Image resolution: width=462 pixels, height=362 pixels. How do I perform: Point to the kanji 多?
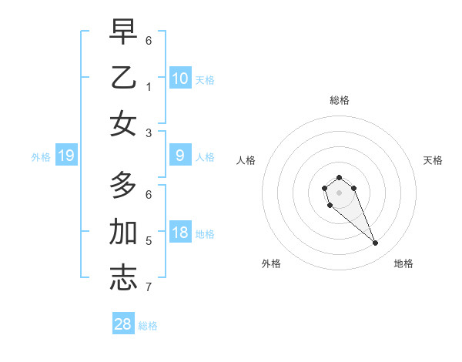tap(123, 186)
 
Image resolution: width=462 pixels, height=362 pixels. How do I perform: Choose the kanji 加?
tap(123, 232)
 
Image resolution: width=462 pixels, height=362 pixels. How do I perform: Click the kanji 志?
tap(123, 278)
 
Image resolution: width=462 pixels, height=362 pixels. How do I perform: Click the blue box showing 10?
tap(179, 79)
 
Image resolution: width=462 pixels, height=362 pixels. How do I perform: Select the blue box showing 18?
tap(179, 233)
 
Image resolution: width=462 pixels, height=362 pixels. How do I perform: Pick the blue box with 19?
tap(66, 156)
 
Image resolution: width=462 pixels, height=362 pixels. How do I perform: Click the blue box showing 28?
tap(122, 324)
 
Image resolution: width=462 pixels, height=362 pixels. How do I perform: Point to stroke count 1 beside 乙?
tap(149, 87)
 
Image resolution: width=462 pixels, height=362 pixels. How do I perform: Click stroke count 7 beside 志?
tap(149, 288)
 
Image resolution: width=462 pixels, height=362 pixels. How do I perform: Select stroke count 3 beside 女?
tap(149, 133)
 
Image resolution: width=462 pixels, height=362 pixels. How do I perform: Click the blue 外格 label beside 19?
tap(41, 157)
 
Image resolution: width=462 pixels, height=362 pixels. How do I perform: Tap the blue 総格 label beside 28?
tap(148, 326)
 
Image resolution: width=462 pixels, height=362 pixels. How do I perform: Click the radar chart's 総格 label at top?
tap(339, 100)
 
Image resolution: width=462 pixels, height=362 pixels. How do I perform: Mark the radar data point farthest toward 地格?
tap(376, 243)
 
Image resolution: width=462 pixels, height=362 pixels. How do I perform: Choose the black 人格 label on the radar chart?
tap(246, 160)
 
